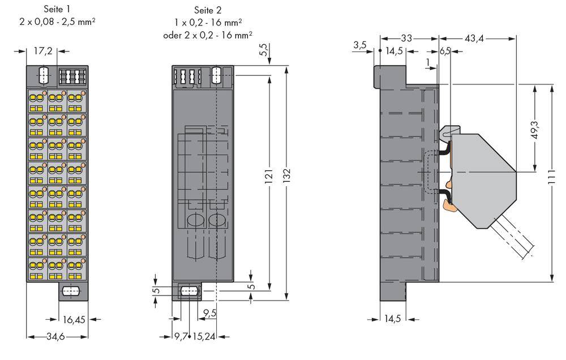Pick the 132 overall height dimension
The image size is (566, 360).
(x=288, y=179)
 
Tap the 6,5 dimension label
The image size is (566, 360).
(x=445, y=51)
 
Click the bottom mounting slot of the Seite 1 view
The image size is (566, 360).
(x=70, y=292)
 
